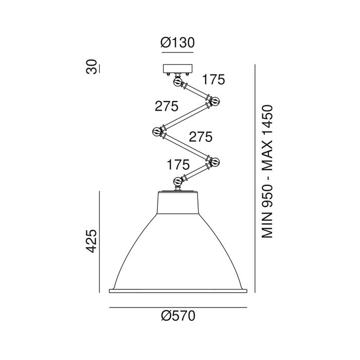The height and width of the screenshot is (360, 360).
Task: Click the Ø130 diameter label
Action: pos(177,43)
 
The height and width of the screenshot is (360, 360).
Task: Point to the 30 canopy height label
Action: pos(92,66)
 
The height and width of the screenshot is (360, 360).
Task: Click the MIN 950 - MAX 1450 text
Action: pos(267,171)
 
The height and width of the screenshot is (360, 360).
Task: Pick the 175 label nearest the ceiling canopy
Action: pos(213,79)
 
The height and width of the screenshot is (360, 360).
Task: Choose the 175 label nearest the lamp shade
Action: pos(178,165)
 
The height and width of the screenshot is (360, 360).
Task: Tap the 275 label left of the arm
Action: pos(167,106)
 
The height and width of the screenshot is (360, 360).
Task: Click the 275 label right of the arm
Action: pos(201,137)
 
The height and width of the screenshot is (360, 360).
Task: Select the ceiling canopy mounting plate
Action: pos(177,68)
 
